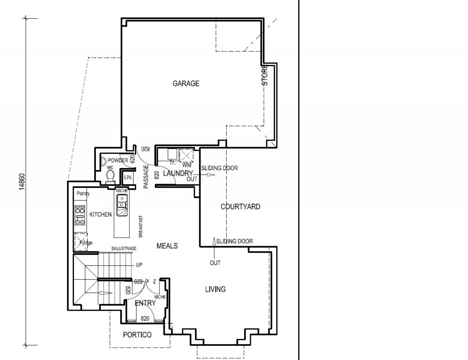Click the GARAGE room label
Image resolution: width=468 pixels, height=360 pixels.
(x=186, y=84)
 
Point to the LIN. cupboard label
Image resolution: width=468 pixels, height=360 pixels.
(x=128, y=177)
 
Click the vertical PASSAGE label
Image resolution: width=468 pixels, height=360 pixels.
(x=146, y=177)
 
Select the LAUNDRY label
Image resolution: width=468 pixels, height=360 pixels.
(x=178, y=173)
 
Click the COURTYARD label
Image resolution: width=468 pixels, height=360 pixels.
(x=240, y=206)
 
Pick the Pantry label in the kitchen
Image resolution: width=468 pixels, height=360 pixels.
(x=83, y=194)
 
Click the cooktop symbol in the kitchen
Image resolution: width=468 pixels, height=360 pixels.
(x=80, y=215)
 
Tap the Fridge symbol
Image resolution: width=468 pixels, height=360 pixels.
(x=82, y=242)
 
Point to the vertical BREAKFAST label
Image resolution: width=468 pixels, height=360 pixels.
(x=141, y=226)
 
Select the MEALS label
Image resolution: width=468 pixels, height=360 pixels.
(x=167, y=246)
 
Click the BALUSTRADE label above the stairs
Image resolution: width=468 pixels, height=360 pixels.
(x=124, y=248)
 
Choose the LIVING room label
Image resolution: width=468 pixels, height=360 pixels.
(x=215, y=289)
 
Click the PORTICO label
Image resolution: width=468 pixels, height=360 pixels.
(x=137, y=335)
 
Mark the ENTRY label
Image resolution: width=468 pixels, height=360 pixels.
(x=145, y=303)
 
